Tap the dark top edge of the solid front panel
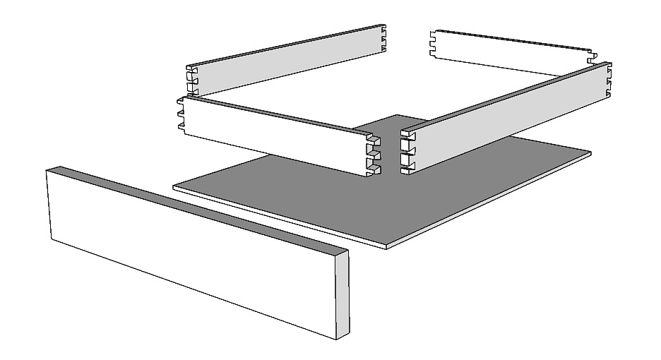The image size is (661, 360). (198, 211)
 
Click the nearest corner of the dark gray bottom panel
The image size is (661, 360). (391, 245)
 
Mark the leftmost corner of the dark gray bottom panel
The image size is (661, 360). (174, 187)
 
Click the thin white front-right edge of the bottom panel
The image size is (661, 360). (494, 201)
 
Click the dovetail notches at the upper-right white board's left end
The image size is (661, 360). (433, 44)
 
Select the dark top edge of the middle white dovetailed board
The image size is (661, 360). (275, 115)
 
